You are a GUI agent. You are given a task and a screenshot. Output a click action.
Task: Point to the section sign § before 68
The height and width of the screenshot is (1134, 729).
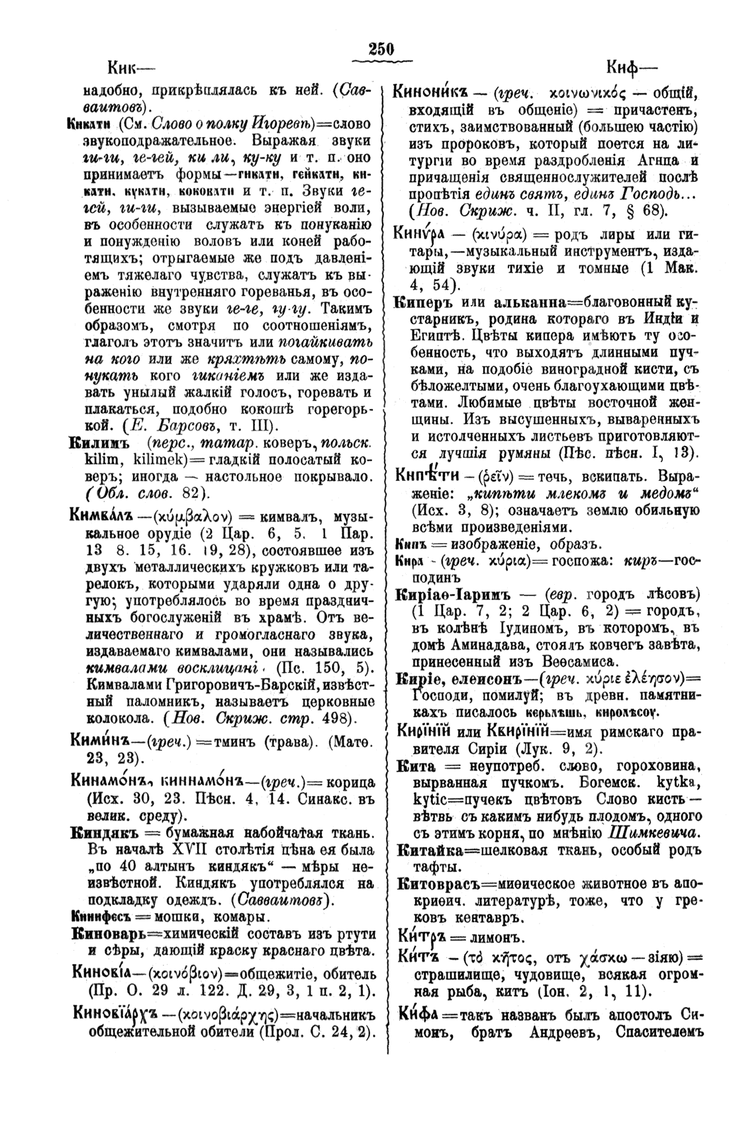(628, 212)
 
